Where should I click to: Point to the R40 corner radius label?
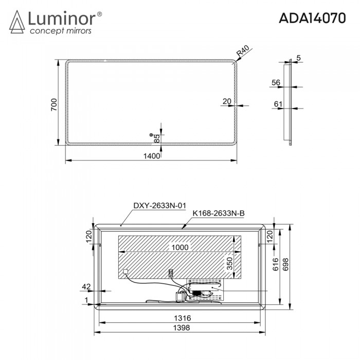click(243, 51)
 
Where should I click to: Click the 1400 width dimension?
click(151, 156)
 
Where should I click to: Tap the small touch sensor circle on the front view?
click(151, 135)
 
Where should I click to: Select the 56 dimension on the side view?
click(276, 83)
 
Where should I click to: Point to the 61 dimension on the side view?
click(278, 104)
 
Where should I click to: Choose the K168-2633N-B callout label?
click(215, 212)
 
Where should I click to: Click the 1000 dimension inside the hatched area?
click(179, 247)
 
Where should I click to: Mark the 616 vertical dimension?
click(276, 264)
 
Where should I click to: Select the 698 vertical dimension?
click(289, 264)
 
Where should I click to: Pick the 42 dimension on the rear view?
click(86, 286)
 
